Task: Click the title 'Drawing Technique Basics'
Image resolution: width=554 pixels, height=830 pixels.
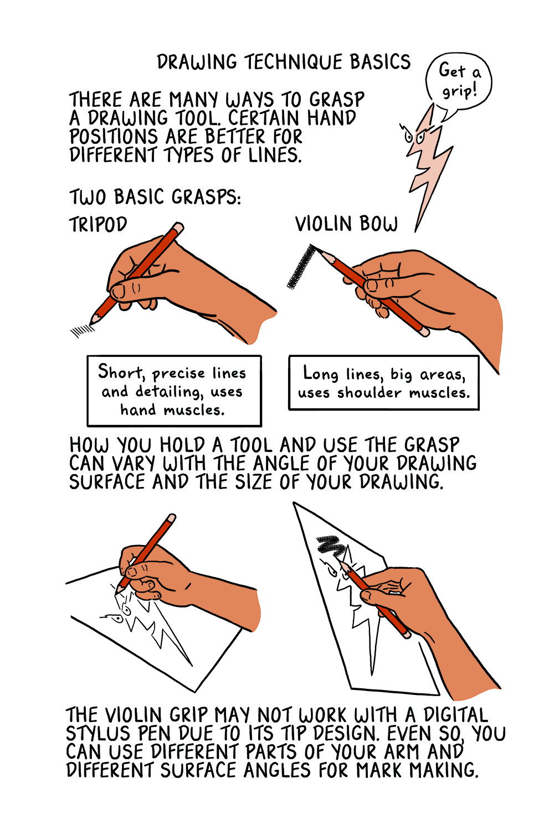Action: [x=284, y=62]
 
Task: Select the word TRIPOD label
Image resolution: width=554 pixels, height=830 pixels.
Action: [x=98, y=225]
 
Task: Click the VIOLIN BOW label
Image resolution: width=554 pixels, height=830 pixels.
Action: [x=346, y=224]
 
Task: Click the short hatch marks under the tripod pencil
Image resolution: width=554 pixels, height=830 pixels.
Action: [x=82, y=330]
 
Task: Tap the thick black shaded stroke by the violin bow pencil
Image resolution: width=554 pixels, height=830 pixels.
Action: [x=300, y=268]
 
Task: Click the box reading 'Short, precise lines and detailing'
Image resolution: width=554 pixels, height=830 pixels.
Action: [x=174, y=391]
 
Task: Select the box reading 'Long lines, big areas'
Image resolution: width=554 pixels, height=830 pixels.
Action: [x=383, y=383]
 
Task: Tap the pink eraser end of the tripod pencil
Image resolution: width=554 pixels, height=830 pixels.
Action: [x=178, y=227]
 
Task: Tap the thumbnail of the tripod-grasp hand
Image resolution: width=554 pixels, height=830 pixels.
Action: [x=118, y=291]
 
